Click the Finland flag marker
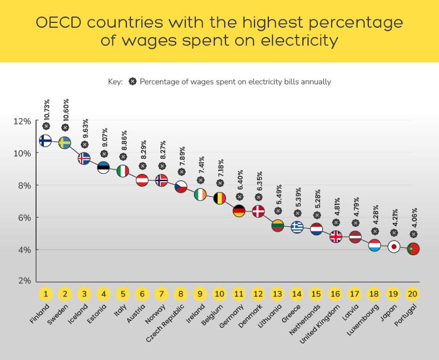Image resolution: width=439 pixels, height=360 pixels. click(x=45, y=141)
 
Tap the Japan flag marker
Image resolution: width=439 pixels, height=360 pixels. click(x=394, y=247)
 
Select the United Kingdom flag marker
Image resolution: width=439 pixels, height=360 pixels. click(x=336, y=237)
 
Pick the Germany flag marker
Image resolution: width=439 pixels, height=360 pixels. click(x=239, y=211)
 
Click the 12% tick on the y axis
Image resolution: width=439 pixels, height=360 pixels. click(x=22, y=121)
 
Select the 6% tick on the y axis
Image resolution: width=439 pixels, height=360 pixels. click(x=24, y=217)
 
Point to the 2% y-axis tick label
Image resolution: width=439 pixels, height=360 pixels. click(x=24, y=281)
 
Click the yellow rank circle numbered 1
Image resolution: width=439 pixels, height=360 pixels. click(x=45, y=294)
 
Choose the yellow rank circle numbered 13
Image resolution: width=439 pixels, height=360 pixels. click(x=277, y=294)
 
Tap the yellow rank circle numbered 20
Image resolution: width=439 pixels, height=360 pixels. click(x=413, y=294)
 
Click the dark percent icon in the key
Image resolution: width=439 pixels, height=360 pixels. click(x=132, y=82)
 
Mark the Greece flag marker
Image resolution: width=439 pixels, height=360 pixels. click(x=297, y=228)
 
